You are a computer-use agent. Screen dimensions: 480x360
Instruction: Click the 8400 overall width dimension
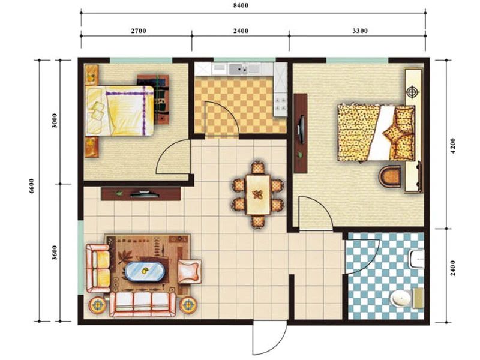241,5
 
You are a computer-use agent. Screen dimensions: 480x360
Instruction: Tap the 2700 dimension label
139,31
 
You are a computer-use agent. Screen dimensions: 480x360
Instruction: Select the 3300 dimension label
359,31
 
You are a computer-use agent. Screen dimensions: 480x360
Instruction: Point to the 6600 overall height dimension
32,185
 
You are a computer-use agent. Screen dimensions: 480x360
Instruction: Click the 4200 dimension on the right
453,146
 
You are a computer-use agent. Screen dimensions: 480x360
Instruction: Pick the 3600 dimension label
54,253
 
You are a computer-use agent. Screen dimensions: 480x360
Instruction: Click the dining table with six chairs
258,194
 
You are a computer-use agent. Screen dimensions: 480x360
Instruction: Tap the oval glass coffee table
145,271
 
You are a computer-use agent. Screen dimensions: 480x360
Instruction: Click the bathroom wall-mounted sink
416,260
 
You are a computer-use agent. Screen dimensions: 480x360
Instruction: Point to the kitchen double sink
238,69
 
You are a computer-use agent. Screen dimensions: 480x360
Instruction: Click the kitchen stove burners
280,104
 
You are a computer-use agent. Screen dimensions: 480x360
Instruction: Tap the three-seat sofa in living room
143,304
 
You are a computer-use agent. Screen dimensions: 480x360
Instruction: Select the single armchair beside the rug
190,272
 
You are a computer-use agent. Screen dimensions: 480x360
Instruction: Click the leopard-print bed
377,133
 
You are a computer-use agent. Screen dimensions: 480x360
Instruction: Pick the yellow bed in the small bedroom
119,110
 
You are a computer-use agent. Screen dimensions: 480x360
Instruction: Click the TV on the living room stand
145,194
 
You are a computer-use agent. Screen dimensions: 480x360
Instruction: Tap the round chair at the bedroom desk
389,176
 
